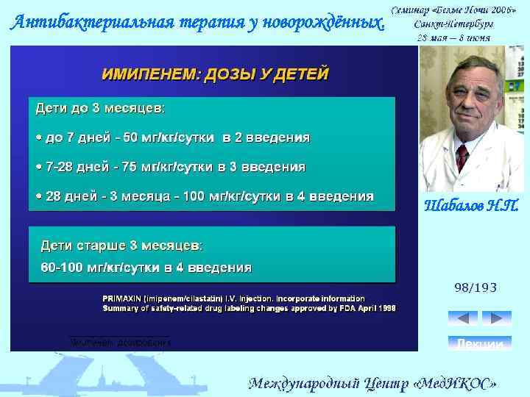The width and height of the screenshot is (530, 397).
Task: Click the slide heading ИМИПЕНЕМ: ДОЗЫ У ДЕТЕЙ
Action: [x=215, y=75]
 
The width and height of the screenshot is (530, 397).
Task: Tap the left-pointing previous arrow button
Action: [x=462, y=318]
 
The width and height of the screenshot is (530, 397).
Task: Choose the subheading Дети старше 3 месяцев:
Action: [x=121, y=244]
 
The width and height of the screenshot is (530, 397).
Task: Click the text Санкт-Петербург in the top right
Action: [x=454, y=24]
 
